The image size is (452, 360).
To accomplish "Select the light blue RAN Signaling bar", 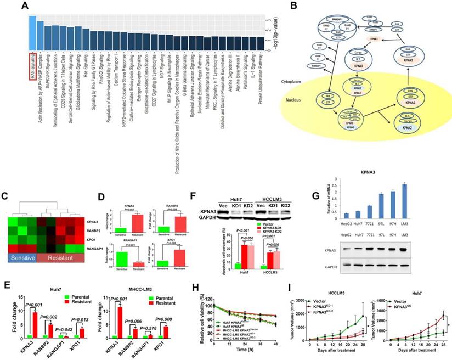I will point(32,32).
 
